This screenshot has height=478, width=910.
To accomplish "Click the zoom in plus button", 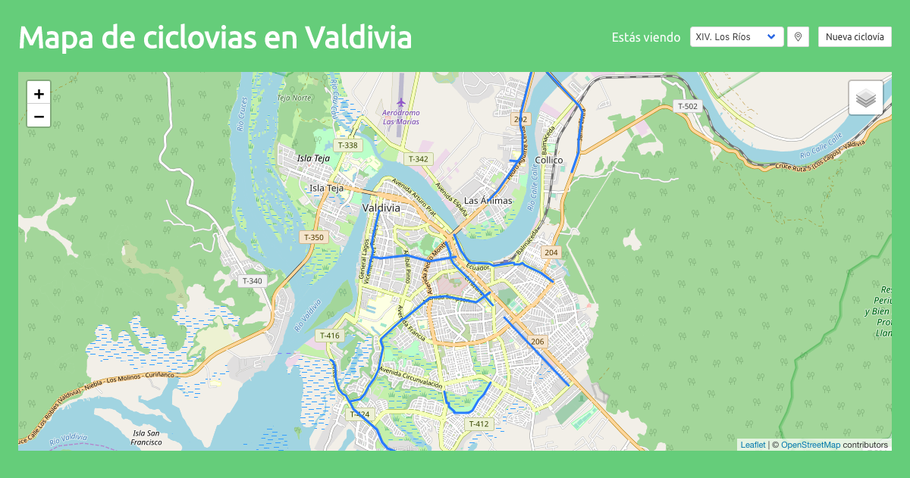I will (39, 93).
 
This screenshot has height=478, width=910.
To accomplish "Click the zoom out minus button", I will (39, 116).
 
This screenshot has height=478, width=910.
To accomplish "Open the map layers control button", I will (865, 98).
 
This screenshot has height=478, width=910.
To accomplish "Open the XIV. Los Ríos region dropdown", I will (736, 37).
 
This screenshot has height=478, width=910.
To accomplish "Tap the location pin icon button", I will (798, 37).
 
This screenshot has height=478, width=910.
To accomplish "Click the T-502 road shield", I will (687, 106).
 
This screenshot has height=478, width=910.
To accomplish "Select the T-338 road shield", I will (347, 145).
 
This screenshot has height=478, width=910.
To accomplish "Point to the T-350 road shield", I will (314, 237).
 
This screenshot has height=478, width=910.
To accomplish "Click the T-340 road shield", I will (253, 281).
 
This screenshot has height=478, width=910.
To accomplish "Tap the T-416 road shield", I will (330, 336).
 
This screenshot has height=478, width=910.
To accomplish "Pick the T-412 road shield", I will (479, 423).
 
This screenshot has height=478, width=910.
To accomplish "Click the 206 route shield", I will (538, 342).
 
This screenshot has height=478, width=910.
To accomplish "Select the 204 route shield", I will (551, 252).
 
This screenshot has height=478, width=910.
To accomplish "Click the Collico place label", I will (549, 160).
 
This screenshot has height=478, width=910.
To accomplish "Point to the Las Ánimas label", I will (488, 201).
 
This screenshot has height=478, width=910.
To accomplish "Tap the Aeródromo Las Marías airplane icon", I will (401, 102).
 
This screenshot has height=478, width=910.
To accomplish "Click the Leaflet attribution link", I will (753, 445).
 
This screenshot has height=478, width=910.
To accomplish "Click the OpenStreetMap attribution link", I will (810, 445).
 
